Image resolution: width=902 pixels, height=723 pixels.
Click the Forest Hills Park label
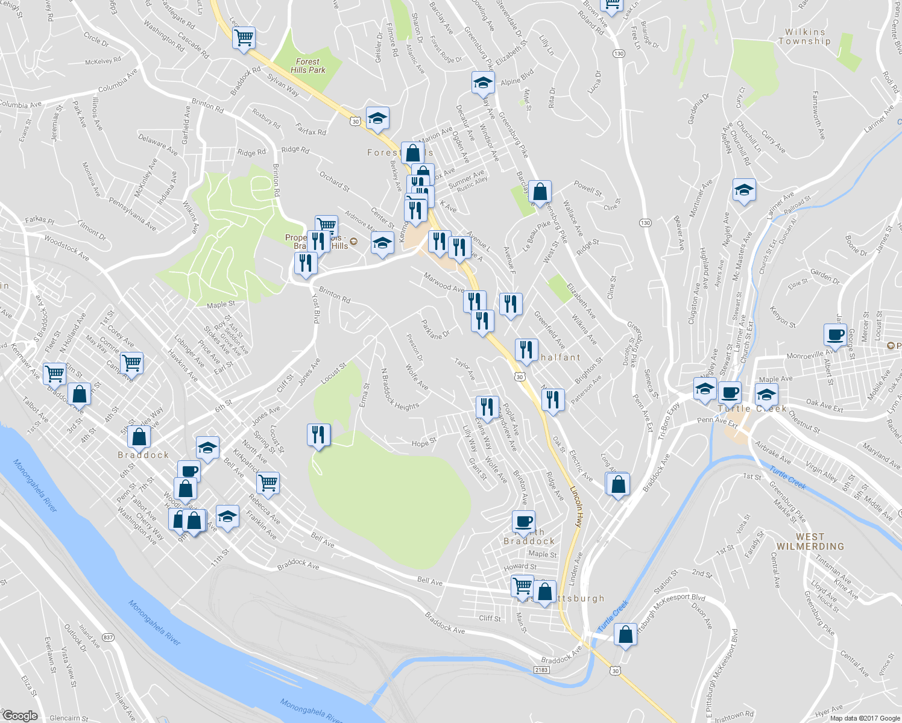click(x=307, y=66)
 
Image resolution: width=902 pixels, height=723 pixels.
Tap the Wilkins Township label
click(x=804, y=37)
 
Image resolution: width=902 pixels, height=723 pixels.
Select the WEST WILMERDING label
click(x=810, y=542)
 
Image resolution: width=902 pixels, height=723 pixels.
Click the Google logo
click(x=20, y=716)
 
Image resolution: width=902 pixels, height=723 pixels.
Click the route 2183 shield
click(x=541, y=669)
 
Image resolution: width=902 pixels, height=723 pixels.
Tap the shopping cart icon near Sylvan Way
click(x=244, y=38)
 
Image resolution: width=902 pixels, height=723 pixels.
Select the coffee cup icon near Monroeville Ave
click(x=836, y=334)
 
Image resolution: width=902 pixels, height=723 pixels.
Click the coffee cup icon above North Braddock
click(x=523, y=521)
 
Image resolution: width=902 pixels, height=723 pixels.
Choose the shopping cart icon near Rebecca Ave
click(x=268, y=483)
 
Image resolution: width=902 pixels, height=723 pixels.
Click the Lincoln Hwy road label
click(x=576, y=507)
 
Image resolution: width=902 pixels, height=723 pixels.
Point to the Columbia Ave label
click(x=118, y=80)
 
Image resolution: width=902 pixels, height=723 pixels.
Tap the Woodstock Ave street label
click(x=66, y=249)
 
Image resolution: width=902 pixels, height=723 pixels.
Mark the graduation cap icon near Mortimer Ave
click(x=744, y=190)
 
